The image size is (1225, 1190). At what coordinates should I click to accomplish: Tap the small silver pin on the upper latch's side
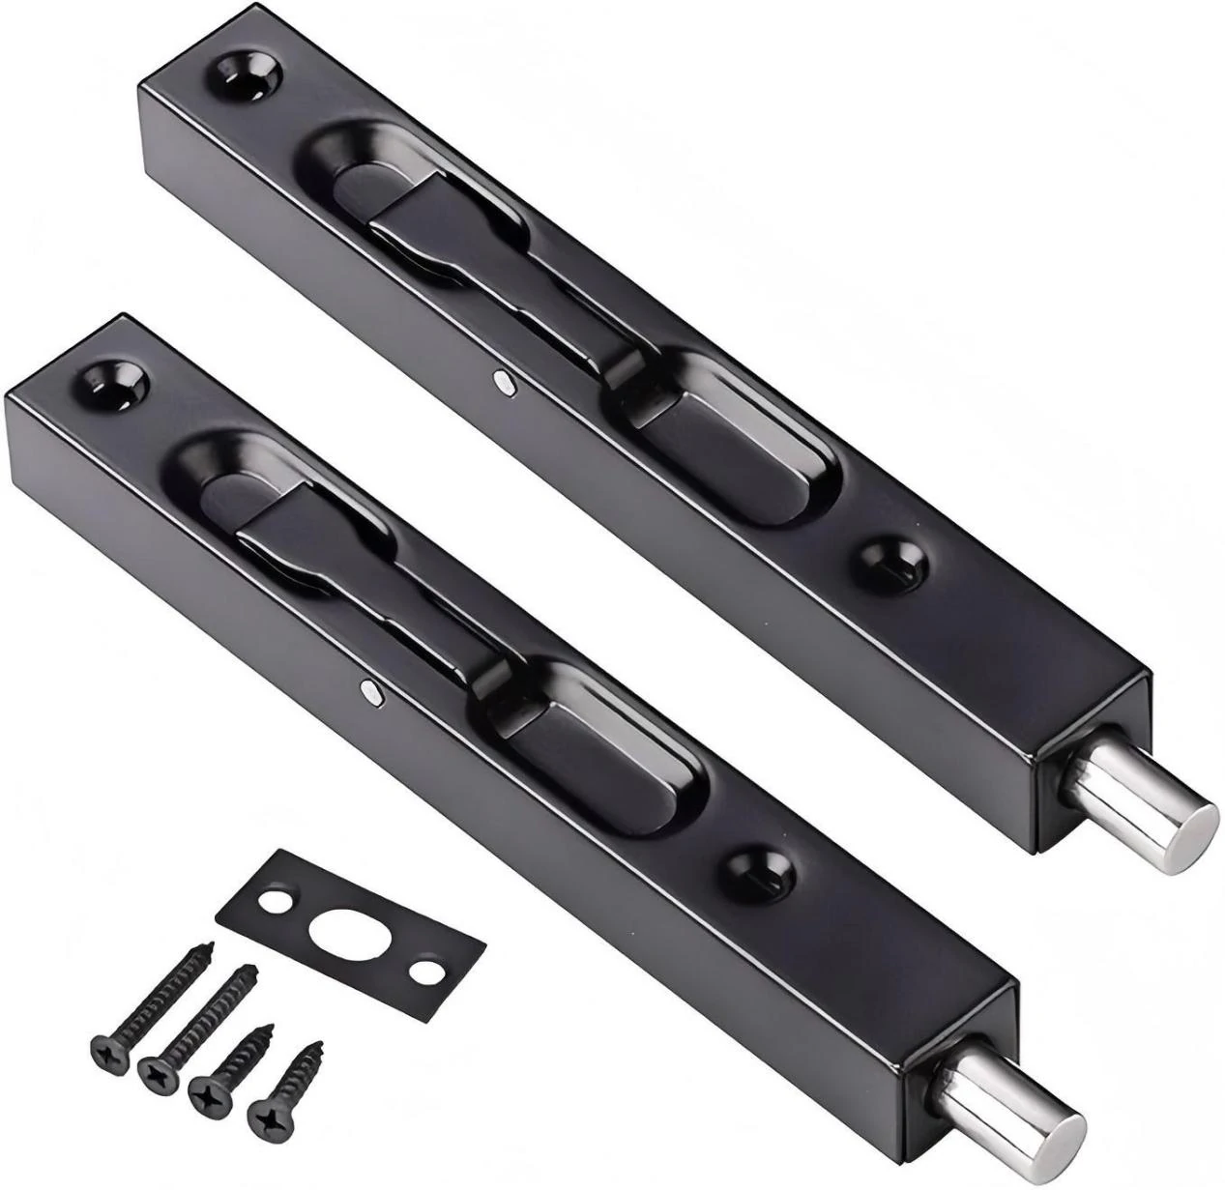pos(502,383)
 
